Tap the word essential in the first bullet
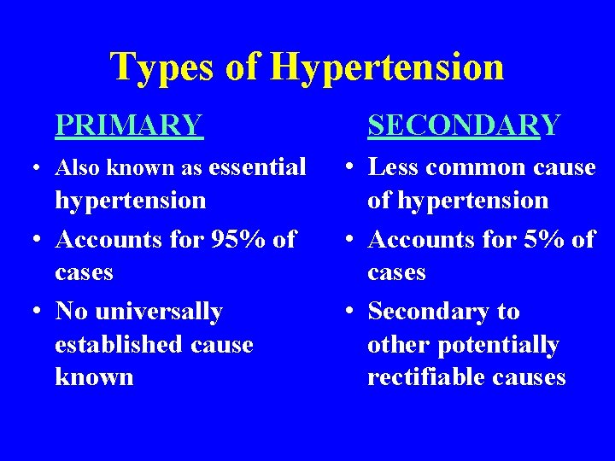[x=257, y=167]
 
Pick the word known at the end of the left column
[x=94, y=377]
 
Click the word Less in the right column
[x=394, y=167]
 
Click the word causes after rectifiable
[x=534, y=377]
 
